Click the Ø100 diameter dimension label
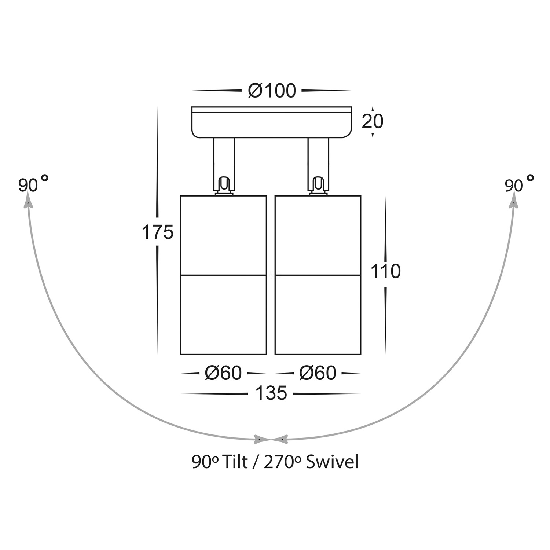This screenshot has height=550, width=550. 272,91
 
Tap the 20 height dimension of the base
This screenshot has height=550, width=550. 372,121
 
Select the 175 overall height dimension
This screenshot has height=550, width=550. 157,232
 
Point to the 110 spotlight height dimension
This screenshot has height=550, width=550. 386,272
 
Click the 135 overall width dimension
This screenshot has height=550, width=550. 271,394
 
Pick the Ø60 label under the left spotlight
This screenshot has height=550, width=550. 223,373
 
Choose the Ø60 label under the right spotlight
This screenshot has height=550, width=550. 318,373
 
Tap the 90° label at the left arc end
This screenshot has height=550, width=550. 33,184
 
